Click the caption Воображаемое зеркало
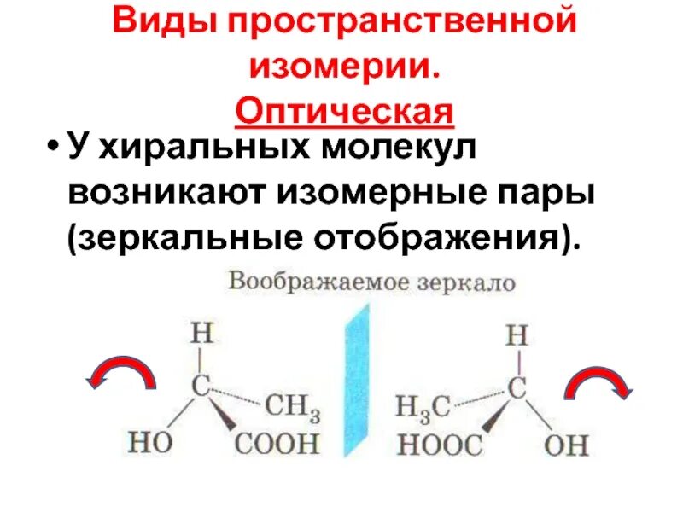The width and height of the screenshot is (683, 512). pyautogui.click(x=371, y=282)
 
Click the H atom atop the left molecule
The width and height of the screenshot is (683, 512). pyautogui.click(x=200, y=330)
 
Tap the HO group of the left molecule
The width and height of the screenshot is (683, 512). pyautogui.click(x=151, y=442)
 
